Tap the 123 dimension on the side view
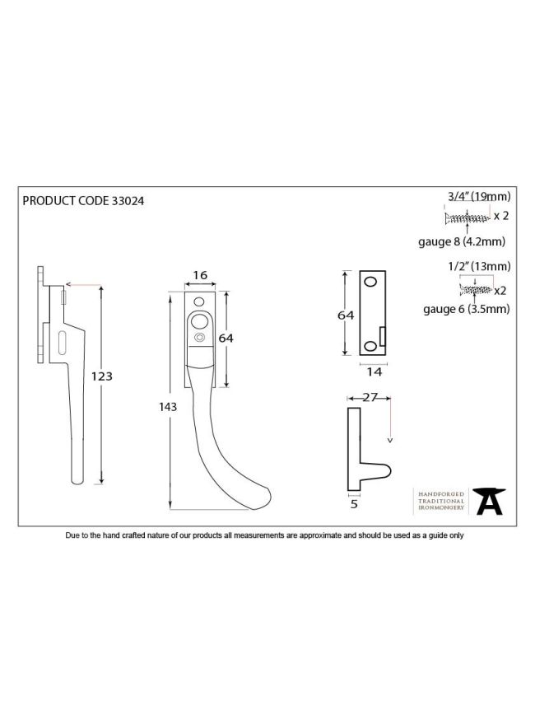coord(101,376)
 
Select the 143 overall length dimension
coord(168,407)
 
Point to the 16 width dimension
coord(200,275)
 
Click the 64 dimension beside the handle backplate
coord(226,339)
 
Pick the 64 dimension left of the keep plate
coord(346,315)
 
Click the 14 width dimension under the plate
coord(374,372)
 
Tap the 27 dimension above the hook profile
coord(370,398)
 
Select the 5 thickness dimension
coord(354,504)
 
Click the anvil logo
coord(489,502)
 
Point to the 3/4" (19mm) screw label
coord(479,197)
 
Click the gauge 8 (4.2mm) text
coord(462,241)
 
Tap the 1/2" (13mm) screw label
coord(479,266)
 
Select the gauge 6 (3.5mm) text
coord(466,309)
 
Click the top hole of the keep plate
coord(371,282)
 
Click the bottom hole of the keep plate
coord(371,347)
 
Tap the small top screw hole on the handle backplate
coord(199,301)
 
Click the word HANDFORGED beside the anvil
coord(441,494)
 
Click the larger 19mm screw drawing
coord(467,218)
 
